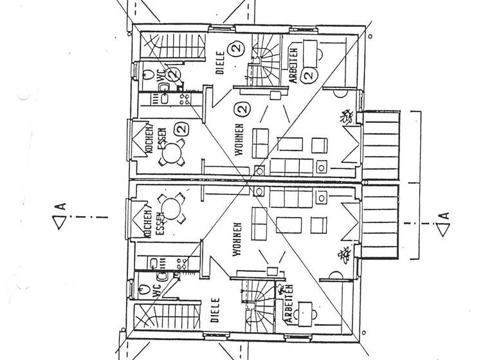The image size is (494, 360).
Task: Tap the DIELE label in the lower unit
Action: point(216,309)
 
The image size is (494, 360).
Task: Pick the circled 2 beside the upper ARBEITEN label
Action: point(308,75)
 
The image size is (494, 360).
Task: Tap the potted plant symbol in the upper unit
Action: point(346,116)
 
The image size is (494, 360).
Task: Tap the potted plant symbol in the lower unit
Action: point(343,255)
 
